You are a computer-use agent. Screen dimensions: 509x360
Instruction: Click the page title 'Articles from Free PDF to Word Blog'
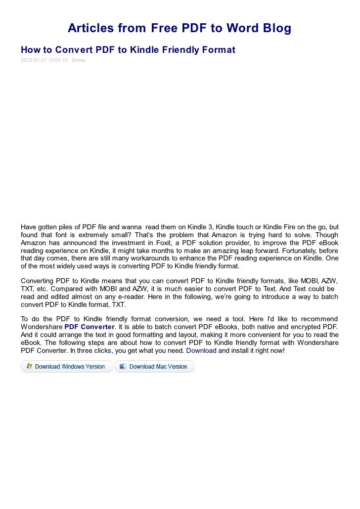[180, 29]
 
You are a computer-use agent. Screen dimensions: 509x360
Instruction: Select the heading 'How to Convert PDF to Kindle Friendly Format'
[128, 50]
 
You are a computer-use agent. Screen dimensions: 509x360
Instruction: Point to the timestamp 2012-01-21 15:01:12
[44, 60]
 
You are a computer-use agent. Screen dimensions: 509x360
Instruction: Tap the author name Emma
[78, 60]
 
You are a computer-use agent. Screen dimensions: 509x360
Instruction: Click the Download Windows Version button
[67, 367]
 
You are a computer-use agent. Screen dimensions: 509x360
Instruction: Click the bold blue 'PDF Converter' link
[90, 327]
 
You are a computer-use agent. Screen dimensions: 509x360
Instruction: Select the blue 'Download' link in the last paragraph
[201, 351]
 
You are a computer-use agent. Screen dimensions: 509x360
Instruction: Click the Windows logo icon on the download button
[29, 367]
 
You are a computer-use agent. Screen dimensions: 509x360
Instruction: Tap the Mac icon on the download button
[123, 367]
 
